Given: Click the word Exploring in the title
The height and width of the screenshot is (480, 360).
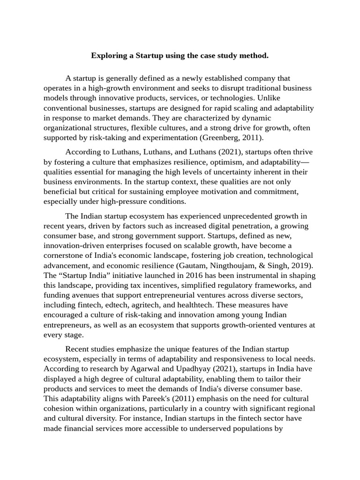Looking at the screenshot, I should click(109, 56).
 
